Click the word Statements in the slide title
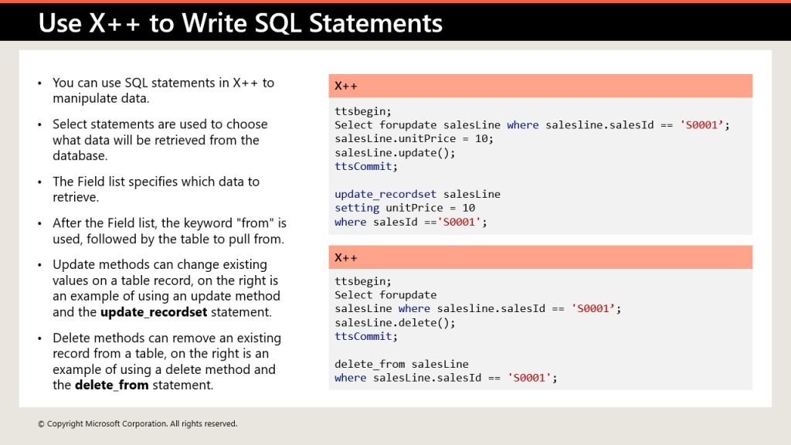click(375, 23)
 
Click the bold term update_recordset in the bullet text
click(154, 312)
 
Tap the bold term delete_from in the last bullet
click(111, 386)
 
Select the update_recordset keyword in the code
click(385, 194)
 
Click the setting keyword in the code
click(357, 208)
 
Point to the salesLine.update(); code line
click(395, 153)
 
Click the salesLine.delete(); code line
click(395, 323)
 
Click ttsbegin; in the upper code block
click(363, 111)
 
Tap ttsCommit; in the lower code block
click(365, 337)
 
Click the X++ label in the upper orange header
click(345, 87)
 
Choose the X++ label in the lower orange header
click(345, 258)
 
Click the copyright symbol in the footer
click(42, 424)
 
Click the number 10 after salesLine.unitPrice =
click(484, 139)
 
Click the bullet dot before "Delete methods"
click(40, 338)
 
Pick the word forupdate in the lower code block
click(408, 295)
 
